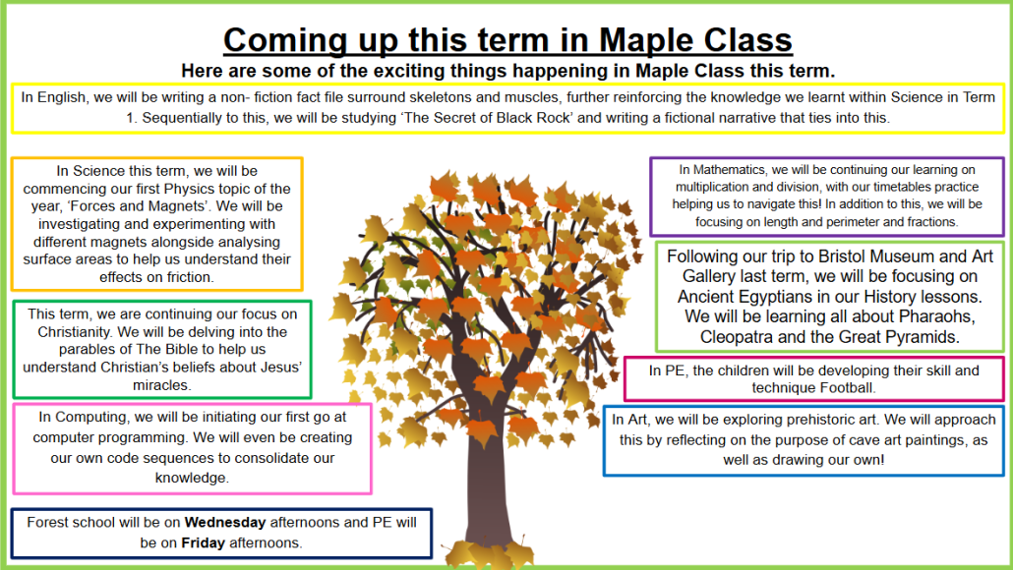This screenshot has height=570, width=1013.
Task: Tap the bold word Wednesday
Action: [225, 522]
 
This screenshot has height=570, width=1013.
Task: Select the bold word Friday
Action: [203, 542]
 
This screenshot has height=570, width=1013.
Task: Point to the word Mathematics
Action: [730, 170]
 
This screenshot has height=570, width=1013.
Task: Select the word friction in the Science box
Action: [190, 277]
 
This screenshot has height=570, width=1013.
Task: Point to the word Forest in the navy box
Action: [46, 522]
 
